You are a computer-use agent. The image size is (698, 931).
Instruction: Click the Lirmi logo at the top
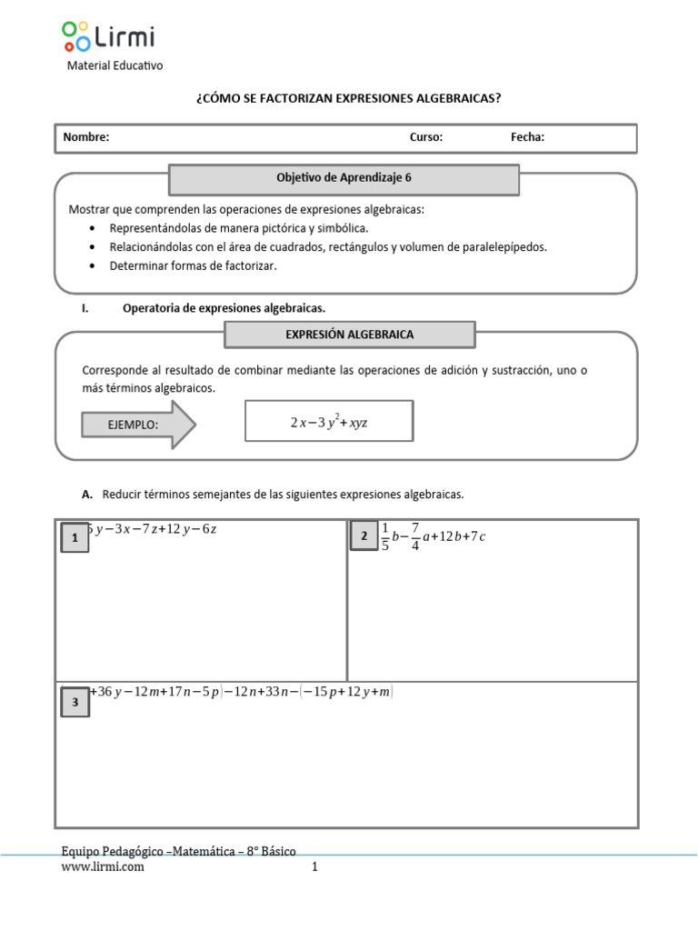[108, 37]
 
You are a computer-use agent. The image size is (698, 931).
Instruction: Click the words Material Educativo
[115, 66]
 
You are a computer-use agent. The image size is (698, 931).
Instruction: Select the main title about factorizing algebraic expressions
[348, 98]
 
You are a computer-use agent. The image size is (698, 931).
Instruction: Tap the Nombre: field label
[86, 137]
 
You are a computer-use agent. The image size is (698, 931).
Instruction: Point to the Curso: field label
[425, 137]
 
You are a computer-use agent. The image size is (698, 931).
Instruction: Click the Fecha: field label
[527, 137]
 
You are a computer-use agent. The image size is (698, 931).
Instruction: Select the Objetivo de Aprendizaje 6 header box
[344, 179]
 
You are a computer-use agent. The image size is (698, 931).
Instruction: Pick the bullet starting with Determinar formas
[193, 266]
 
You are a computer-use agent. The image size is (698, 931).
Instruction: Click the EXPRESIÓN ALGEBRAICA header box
[349, 335]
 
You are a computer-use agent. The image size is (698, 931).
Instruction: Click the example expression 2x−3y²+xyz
[329, 423]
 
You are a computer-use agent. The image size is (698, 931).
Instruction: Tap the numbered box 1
[74, 538]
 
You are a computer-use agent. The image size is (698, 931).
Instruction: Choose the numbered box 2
[364, 536]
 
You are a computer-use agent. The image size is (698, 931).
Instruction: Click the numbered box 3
[75, 702]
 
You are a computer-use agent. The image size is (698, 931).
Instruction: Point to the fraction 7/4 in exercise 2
[415, 536]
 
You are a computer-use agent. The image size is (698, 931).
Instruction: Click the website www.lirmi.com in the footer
[102, 867]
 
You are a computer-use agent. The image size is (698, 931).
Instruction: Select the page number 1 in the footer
[314, 867]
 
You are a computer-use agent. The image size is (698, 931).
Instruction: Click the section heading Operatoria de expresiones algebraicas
[224, 308]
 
